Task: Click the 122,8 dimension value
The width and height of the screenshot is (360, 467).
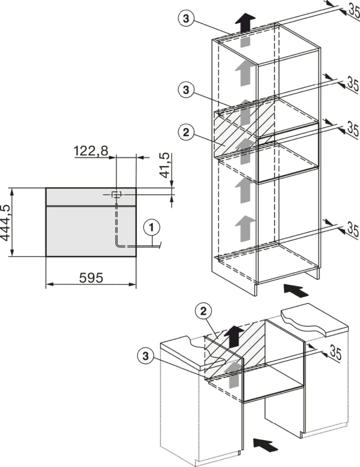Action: (91, 152)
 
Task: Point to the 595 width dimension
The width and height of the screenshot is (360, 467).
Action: (91, 278)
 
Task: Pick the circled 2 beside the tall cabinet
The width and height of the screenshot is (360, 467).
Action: (186, 133)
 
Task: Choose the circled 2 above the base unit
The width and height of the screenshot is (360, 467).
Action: (204, 312)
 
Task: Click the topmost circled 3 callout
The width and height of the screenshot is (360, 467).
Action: (186, 19)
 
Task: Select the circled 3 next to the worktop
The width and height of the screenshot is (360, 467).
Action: (146, 356)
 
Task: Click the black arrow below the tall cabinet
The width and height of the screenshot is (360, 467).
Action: (296, 290)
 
